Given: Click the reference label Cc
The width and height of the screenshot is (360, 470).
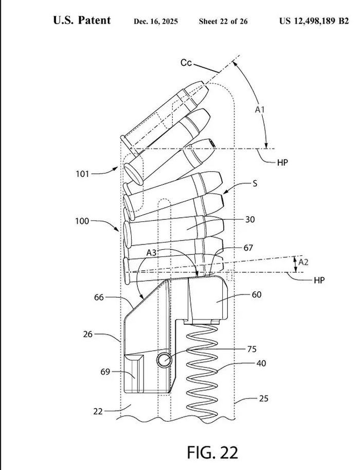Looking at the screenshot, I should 186,63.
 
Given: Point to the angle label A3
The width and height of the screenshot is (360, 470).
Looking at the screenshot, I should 152,253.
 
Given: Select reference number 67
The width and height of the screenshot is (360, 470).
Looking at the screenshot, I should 248,248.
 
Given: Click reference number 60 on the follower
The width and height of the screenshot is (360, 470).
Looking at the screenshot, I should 256,294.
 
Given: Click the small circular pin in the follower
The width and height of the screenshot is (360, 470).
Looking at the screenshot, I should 164,361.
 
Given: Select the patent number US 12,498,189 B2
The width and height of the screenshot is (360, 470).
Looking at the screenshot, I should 314,21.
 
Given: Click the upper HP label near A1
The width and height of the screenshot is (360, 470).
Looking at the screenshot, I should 282,161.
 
